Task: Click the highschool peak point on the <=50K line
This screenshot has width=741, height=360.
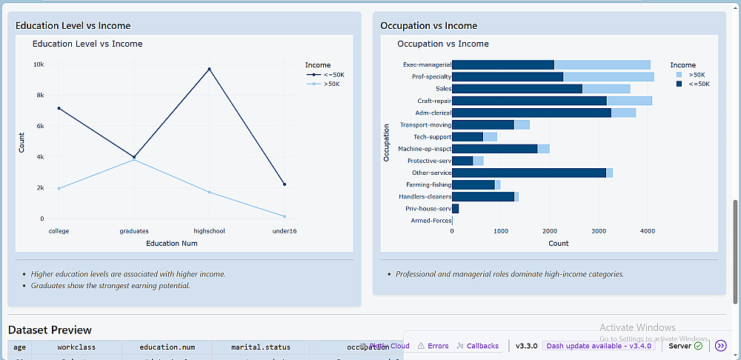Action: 209,69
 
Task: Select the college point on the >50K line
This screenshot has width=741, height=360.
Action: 59,188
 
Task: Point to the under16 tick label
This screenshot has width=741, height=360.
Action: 284,231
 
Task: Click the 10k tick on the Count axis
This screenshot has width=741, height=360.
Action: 39,64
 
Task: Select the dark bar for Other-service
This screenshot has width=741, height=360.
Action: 528,173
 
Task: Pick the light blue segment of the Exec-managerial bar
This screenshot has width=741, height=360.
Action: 602,64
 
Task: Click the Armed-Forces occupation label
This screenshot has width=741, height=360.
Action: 431,221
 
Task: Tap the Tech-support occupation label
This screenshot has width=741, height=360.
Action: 432,137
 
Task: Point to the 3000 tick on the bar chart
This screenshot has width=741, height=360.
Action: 598,231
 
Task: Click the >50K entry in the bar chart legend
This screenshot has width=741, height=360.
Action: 696,75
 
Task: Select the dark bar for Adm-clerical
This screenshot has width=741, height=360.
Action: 531,113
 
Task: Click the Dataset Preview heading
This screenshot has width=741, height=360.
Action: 50,330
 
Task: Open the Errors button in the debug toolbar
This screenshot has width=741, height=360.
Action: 433,346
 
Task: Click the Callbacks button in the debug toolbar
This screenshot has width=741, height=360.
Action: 478,346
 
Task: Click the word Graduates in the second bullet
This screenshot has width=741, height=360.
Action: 50,286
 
